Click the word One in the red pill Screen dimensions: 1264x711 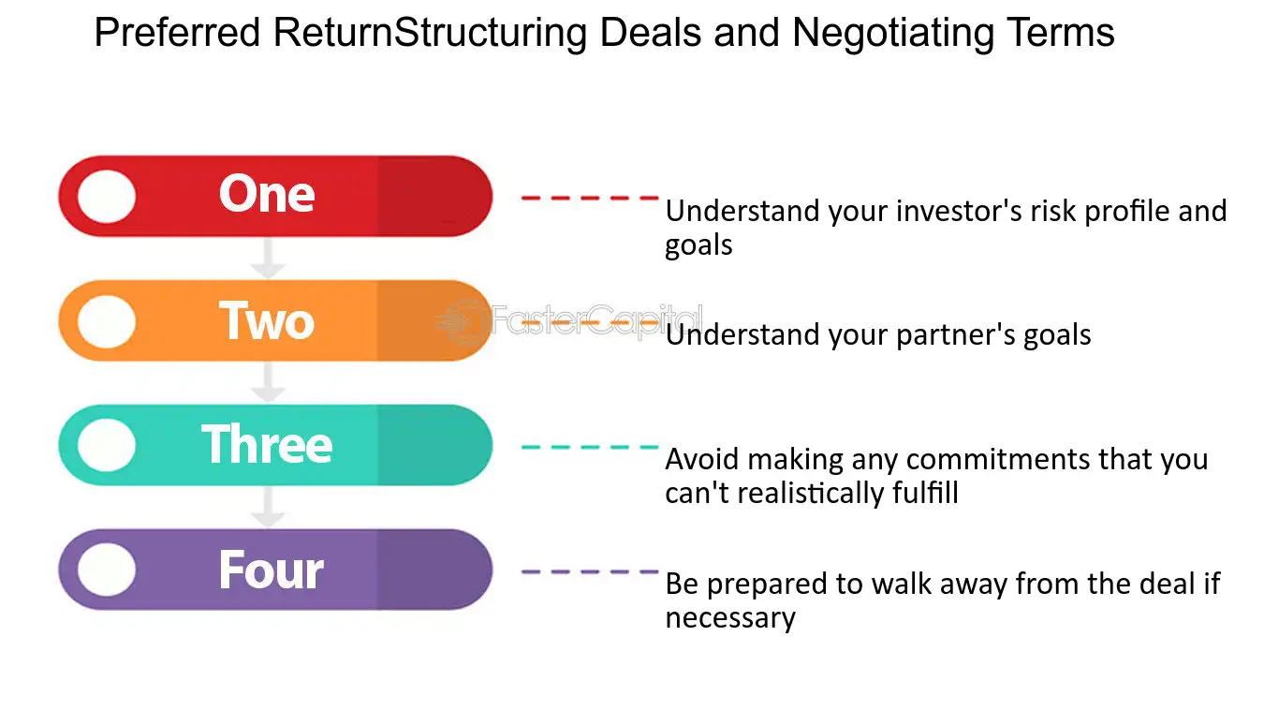point(267,195)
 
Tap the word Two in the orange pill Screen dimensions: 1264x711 point(267,320)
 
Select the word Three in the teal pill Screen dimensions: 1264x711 point(267,444)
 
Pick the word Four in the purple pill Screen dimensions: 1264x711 point(271,570)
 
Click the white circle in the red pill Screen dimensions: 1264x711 point(106,197)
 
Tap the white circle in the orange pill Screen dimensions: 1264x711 point(106,321)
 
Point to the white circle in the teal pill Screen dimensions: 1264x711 point(106,445)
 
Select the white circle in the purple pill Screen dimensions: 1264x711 point(106,570)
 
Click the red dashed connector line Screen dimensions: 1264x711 point(590,198)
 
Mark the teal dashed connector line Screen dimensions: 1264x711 point(590,447)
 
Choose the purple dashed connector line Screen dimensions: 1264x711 point(590,571)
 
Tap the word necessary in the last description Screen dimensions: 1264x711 point(730,618)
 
